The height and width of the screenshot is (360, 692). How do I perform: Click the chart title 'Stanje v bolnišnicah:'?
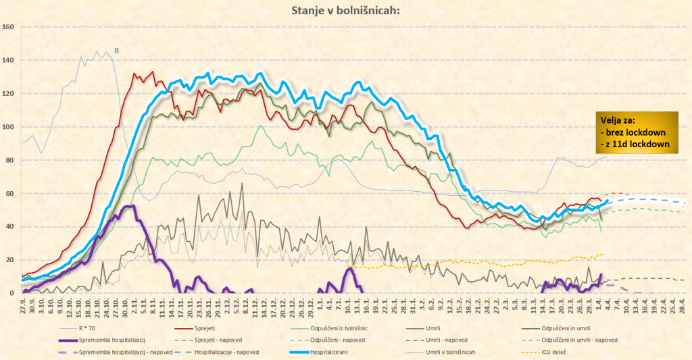(x=346, y=10)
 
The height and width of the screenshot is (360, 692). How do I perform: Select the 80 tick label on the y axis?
(x=9, y=160)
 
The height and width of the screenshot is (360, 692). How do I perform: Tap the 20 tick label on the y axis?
(x=9, y=259)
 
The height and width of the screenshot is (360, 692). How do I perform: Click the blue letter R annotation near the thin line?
(x=116, y=51)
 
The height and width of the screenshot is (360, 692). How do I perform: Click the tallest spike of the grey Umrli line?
(x=241, y=184)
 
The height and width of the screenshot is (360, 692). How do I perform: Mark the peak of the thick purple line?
(x=132, y=206)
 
